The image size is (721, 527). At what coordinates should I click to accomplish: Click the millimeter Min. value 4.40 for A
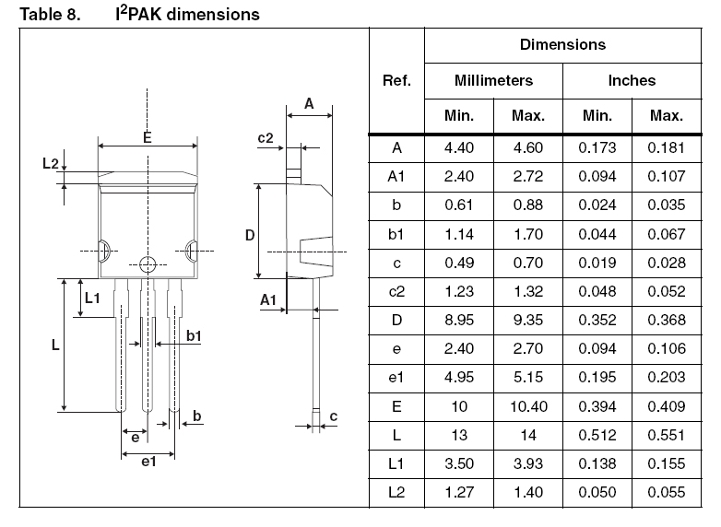coord(459,148)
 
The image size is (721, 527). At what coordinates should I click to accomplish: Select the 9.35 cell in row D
coord(528,320)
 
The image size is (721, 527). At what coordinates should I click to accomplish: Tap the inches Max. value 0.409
coord(667,406)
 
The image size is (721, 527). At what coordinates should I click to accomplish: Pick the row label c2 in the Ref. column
coord(396,291)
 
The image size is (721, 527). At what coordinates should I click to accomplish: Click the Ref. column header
coord(396,80)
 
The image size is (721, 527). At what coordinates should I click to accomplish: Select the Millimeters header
coord(493,80)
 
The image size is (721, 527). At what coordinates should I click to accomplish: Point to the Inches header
coord(632,80)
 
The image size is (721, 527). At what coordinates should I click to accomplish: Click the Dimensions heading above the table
coord(562,44)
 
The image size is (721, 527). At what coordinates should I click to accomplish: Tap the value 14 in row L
coord(528,435)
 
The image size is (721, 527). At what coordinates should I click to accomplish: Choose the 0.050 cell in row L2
coord(597,492)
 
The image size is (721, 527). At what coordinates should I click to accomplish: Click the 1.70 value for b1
coord(528,234)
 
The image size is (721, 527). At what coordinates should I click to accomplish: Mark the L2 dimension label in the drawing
coord(51,163)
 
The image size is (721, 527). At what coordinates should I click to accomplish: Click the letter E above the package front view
coord(148,137)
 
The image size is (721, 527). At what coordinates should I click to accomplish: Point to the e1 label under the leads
coord(148,462)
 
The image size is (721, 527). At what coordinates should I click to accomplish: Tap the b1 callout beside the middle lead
coord(194,336)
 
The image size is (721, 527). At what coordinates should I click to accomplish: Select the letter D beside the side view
coord(250,235)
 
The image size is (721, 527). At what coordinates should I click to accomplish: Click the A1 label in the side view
coord(268,300)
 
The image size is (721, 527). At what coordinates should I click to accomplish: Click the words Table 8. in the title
coord(50,14)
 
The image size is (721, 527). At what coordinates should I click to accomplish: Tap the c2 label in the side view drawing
coord(266,138)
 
